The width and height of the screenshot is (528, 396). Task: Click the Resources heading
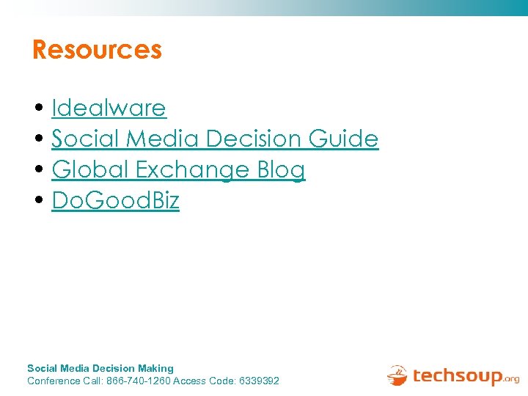click(97, 50)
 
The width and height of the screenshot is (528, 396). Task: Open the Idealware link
click(109, 109)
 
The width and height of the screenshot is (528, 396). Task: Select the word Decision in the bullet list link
click(254, 139)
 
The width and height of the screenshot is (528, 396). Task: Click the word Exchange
click(193, 170)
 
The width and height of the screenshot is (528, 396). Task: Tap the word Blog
click(281, 170)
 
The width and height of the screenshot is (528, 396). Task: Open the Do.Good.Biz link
click(115, 201)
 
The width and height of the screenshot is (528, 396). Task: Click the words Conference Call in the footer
click(65, 381)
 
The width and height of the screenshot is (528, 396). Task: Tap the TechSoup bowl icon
click(397, 375)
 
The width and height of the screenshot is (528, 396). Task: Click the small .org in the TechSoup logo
click(511, 379)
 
